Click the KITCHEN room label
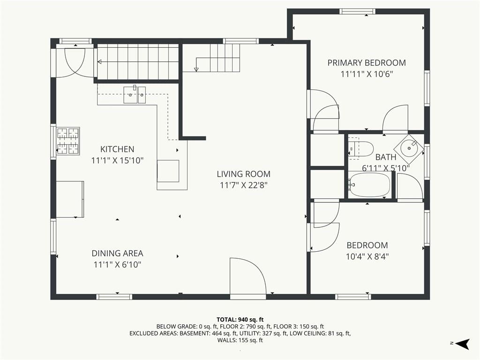click(x=117, y=149)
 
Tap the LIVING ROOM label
click(x=244, y=174)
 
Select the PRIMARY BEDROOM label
click(x=367, y=63)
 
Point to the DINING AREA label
click(x=118, y=253)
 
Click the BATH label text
click(x=386, y=157)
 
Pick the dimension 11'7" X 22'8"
click(x=244, y=185)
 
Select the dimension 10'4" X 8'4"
click(x=367, y=256)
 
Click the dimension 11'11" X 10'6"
click(x=367, y=74)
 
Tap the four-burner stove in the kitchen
click(x=67, y=141)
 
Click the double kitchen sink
click(x=135, y=95)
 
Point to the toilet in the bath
click(x=361, y=149)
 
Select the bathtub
click(x=370, y=185)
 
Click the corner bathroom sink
click(x=409, y=148)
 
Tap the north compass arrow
click(x=462, y=344)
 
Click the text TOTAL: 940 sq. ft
click(x=240, y=320)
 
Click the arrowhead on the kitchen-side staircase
click(x=99, y=62)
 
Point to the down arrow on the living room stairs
click(x=196, y=69)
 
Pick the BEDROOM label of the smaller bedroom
click(x=367, y=245)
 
